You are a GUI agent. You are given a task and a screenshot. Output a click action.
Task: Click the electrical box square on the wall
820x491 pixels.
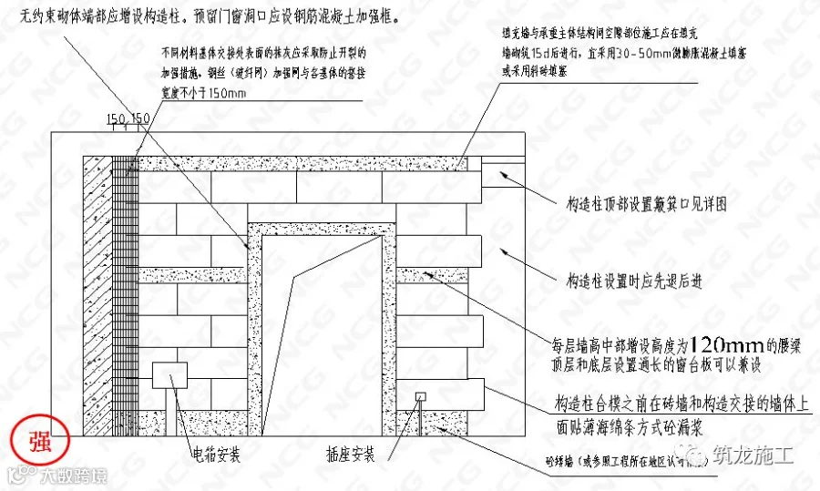point(169,376)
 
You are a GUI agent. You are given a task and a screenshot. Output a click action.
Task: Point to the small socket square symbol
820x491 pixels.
point(420,396)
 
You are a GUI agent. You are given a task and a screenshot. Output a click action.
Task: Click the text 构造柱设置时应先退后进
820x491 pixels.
point(634,281)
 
